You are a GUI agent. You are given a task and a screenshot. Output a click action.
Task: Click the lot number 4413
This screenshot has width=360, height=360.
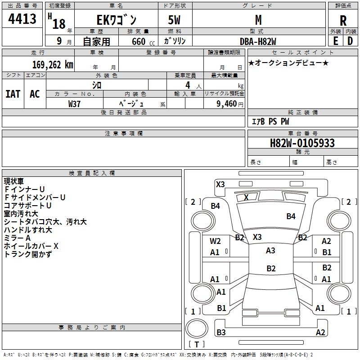click(x=22, y=18)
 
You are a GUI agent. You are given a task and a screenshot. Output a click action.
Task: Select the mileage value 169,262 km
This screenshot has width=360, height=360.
click(x=53, y=65)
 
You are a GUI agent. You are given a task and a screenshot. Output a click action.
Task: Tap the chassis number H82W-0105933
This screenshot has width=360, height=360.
click(x=302, y=143)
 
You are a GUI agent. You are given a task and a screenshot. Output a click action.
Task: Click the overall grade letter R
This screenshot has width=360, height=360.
click(x=343, y=21)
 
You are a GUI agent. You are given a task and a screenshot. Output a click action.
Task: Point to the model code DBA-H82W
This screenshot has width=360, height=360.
click(x=258, y=41)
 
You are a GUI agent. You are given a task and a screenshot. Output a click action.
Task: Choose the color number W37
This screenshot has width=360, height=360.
click(x=74, y=104)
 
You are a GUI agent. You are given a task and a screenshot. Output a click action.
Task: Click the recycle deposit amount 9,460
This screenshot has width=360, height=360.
click(x=227, y=103)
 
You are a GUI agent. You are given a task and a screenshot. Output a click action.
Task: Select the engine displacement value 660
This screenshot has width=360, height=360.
click(x=139, y=41)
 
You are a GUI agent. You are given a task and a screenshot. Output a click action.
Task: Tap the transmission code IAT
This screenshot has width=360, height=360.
click(x=13, y=94)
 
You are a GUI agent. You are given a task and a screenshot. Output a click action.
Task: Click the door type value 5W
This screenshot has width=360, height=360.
click(x=174, y=20)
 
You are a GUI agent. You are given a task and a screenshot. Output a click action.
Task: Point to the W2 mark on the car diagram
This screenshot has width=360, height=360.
click(x=215, y=241)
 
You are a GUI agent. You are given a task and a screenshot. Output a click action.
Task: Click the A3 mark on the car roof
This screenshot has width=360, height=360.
click(x=270, y=251)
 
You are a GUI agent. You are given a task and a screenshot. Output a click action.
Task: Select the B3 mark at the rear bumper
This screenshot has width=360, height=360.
click(x=221, y=332)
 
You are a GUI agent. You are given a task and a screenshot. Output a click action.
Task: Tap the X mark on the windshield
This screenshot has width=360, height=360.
click(x=246, y=197)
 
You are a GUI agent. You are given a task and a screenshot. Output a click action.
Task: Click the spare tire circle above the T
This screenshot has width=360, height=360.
click(x=197, y=328)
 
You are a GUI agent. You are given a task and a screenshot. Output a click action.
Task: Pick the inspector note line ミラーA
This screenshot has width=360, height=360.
click(x=17, y=238)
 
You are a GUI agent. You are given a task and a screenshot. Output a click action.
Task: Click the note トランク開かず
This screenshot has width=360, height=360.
click(x=28, y=254)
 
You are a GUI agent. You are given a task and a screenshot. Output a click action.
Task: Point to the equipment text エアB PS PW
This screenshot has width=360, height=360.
click(x=270, y=121)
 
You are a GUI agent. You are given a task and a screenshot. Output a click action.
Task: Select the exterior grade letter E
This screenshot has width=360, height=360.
click(x=335, y=41)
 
